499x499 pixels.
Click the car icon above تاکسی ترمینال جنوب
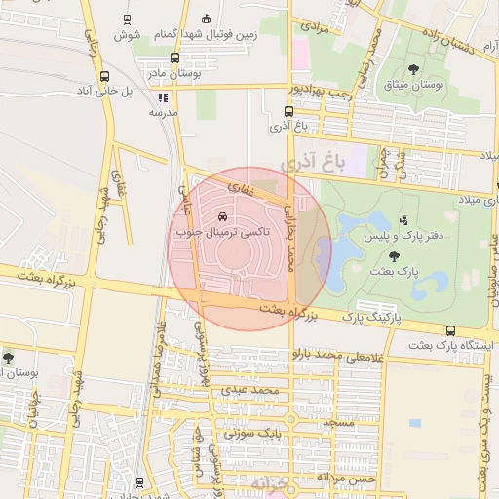coord(224,216)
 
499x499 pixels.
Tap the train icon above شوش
coord(128,19)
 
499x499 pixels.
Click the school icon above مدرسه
coord(163,97)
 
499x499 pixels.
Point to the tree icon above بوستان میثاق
coord(413,69)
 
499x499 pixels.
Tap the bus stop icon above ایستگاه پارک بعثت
coord(449,330)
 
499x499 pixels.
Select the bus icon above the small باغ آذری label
coord(288,113)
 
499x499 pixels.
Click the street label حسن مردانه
coord(352,478)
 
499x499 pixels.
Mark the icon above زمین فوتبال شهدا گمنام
coord(205,19)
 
